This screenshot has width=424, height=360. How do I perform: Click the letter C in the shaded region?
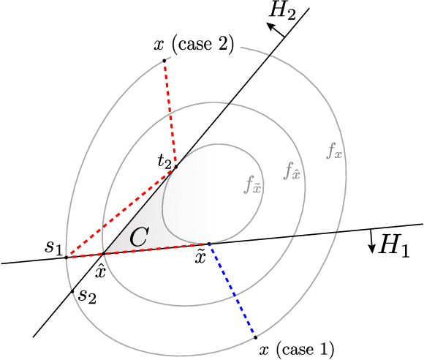click(x=139, y=236)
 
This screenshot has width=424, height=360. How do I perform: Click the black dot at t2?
click(x=175, y=167)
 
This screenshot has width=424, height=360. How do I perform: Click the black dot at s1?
click(x=67, y=257)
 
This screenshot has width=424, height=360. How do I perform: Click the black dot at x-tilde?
click(x=209, y=244)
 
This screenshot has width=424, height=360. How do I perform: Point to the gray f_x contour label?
click(x=335, y=152)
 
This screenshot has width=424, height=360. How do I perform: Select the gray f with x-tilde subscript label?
click(x=253, y=184)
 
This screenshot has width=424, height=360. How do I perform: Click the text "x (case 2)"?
click(x=194, y=45)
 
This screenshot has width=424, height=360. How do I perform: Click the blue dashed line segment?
click(x=232, y=290)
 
